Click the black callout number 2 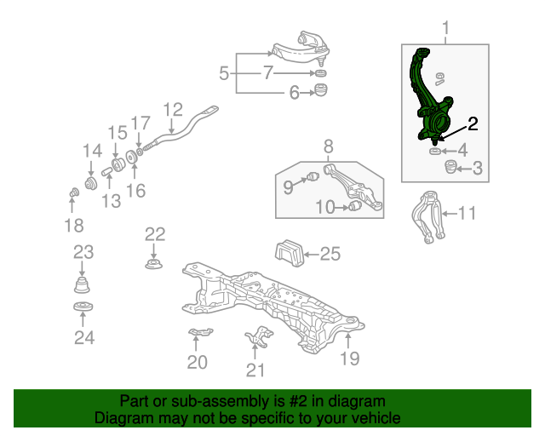[473, 123]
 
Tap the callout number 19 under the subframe [350, 359]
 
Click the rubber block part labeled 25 [290, 252]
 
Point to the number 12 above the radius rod [173, 110]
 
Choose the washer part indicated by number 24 [83, 307]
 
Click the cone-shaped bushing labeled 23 [82, 284]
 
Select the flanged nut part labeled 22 [153, 264]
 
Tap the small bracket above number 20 [200, 332]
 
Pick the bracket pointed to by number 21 [259, 336]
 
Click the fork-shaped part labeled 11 [428, 216]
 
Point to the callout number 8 [329, 146]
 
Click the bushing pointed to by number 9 [313, 176]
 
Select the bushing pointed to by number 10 [355, 205]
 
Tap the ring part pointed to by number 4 [435, 152]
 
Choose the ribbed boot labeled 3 [450, 167]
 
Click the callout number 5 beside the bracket [224, 73]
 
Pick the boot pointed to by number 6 [321, 90]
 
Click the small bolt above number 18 [74, 192]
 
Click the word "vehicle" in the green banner [376, 417]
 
